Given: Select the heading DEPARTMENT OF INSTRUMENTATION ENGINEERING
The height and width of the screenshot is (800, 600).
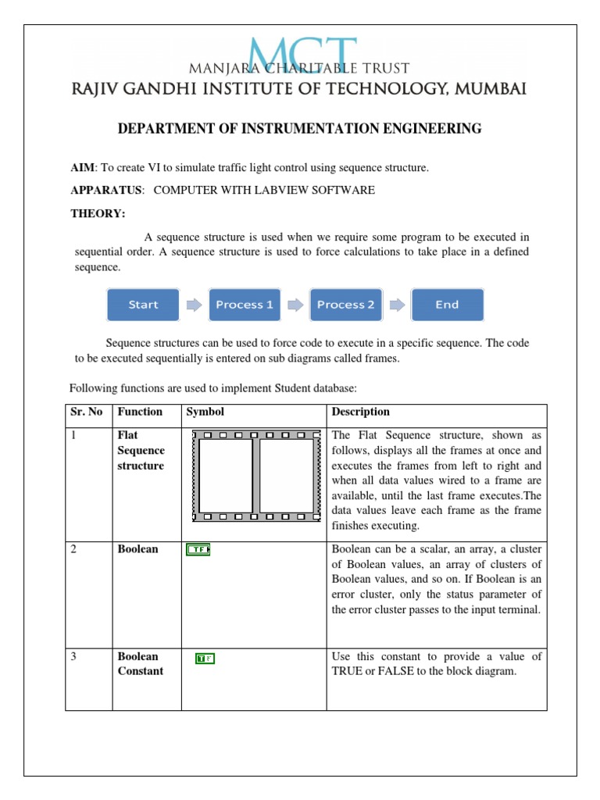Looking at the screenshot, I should click(299, 129).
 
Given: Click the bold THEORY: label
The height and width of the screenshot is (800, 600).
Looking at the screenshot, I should click(98, 213).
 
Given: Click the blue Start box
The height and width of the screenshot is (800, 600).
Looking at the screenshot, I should click(143, 305).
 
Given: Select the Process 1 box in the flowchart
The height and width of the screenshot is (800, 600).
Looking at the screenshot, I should click(245, 305).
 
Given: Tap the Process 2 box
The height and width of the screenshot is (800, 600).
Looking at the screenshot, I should click(345, 305).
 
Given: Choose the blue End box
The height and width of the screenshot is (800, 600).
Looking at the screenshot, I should click(447, 305).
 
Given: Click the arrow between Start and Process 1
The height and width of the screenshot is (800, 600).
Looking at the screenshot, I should click(193, 305).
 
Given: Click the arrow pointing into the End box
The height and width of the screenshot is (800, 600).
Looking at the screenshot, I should click(396, 305).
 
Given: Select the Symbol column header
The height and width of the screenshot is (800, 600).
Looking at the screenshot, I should click(205, 412).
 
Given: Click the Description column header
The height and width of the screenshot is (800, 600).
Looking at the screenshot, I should click(360, 412).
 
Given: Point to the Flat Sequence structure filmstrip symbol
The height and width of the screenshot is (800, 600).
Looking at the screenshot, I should click(256, 475).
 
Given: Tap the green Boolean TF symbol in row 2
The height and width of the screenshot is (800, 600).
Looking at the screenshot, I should click(198, 550).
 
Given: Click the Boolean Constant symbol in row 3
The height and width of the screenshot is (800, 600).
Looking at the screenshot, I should click(205, 659).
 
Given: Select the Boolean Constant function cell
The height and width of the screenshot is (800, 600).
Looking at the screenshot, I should click(140, 664).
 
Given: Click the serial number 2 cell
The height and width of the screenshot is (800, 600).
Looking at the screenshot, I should click(73, 549).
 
